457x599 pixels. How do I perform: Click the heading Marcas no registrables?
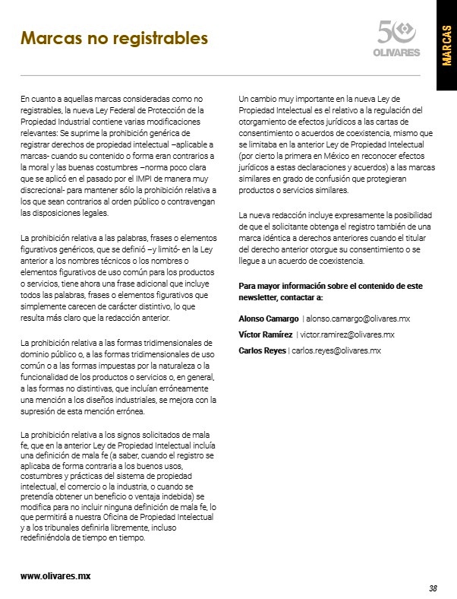(114, 37)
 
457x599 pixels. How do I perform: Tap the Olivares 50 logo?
(397, 38)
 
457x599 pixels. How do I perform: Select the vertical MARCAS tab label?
(446, 46)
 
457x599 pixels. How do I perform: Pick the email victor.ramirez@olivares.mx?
(348, 334)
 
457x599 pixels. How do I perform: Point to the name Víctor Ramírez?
(265, 334)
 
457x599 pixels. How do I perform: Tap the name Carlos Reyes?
(262, 350)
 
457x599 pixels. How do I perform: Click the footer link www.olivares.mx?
(55, 575)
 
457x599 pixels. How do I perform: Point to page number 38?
(432, 588)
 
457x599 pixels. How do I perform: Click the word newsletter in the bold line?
(257, 298)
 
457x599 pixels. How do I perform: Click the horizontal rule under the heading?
(220, 75)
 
